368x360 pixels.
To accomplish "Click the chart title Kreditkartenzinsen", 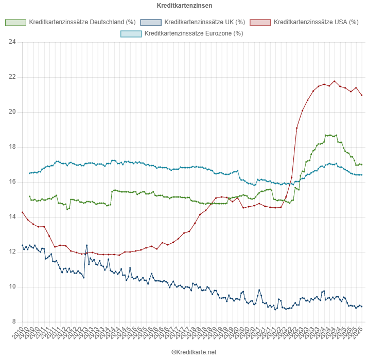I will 184,6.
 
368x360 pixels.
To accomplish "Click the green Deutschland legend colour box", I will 15,23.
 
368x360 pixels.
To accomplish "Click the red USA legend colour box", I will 260,23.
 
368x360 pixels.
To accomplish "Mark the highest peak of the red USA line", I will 335,81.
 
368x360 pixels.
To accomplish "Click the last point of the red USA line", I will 362,95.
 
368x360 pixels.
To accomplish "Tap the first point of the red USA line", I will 23,212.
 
